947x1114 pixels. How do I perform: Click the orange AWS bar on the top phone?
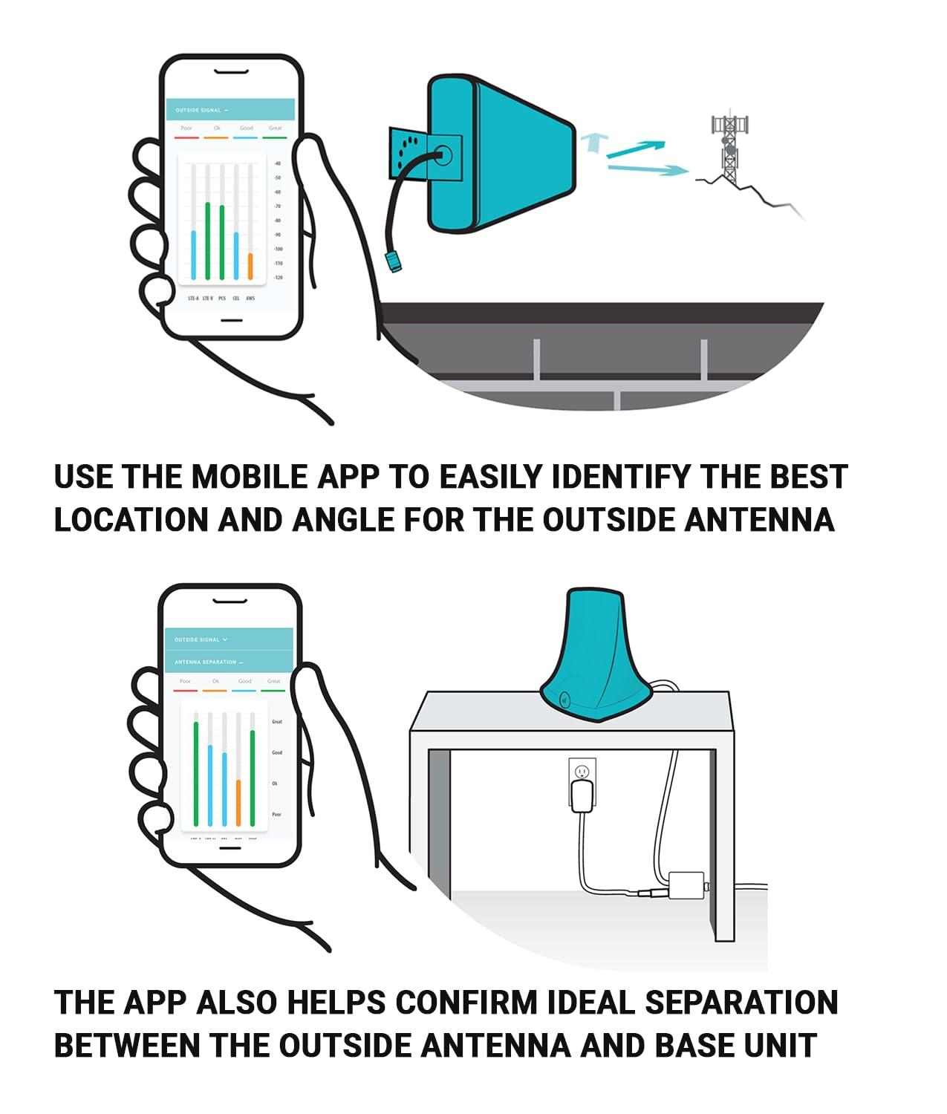point(250,266)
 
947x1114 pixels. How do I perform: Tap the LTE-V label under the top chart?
point(207,299)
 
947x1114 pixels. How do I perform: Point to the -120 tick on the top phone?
point(279,278)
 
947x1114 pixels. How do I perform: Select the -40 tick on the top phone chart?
point(278,163)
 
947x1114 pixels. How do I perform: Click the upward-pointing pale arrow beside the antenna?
point(592,141)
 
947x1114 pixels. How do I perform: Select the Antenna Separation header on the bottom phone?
point(206,662)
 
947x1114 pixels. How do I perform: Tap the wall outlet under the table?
point(582,772)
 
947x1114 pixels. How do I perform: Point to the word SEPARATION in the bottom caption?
point(741,1003)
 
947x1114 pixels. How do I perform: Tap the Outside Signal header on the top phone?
point(199,110)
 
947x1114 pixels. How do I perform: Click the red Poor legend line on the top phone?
point(186,137)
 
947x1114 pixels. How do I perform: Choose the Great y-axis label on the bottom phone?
point(277,722)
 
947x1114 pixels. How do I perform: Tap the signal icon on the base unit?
point(564,700)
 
